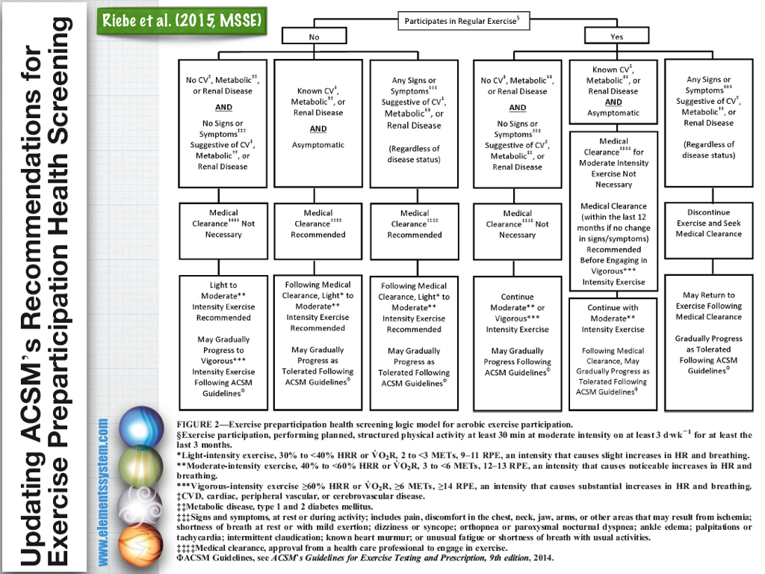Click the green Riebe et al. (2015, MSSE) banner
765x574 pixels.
click(x=182, y=21)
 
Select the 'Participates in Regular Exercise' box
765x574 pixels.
click(x=463, y=21)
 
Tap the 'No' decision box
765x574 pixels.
click(x=315, y=36)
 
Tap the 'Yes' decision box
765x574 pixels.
click(x=616, y=36)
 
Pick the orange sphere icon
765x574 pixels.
click(x=140, y=545)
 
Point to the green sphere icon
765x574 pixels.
click(x=140, y=467)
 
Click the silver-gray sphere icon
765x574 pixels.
click(x=140, y=506)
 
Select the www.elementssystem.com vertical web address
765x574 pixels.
click(x=103, y=492)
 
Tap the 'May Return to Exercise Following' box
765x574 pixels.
click(x=708, y=342)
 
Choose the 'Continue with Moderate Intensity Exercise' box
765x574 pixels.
click(x=613, y=354)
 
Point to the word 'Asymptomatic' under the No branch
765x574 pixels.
click(x=318, y=145)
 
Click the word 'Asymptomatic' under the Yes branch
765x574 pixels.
click(x=613, y=113)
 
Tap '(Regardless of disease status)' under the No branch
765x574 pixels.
click(x=414, y=154)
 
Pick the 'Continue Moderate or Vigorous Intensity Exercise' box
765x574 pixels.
click(x=517, y=342)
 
